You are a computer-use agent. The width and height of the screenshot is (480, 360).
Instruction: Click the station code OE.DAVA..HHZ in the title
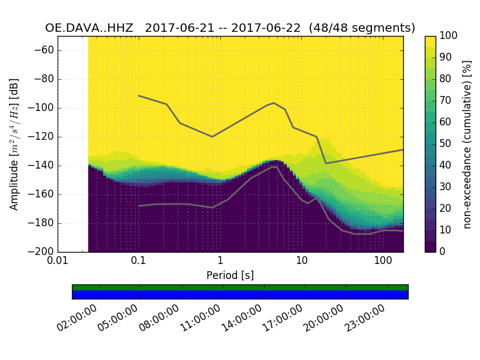[90, 28]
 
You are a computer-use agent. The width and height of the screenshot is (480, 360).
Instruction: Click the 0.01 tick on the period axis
[58, 261]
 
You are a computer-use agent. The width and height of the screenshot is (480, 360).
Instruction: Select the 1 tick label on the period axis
[220, 261]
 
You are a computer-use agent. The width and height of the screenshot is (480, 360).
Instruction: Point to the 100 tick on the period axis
[383, 261]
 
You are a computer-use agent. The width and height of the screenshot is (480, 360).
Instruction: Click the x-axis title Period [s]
[230, 275]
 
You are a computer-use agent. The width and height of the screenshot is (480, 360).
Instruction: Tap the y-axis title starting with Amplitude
[14, 144]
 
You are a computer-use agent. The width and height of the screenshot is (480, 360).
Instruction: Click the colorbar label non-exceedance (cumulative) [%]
[469, 144]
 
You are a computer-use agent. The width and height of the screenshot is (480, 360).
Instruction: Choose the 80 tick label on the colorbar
[446, 79]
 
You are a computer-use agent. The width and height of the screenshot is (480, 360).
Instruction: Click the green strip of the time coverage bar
[240, 287]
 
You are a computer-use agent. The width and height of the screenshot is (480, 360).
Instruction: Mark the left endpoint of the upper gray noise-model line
[139, 95]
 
